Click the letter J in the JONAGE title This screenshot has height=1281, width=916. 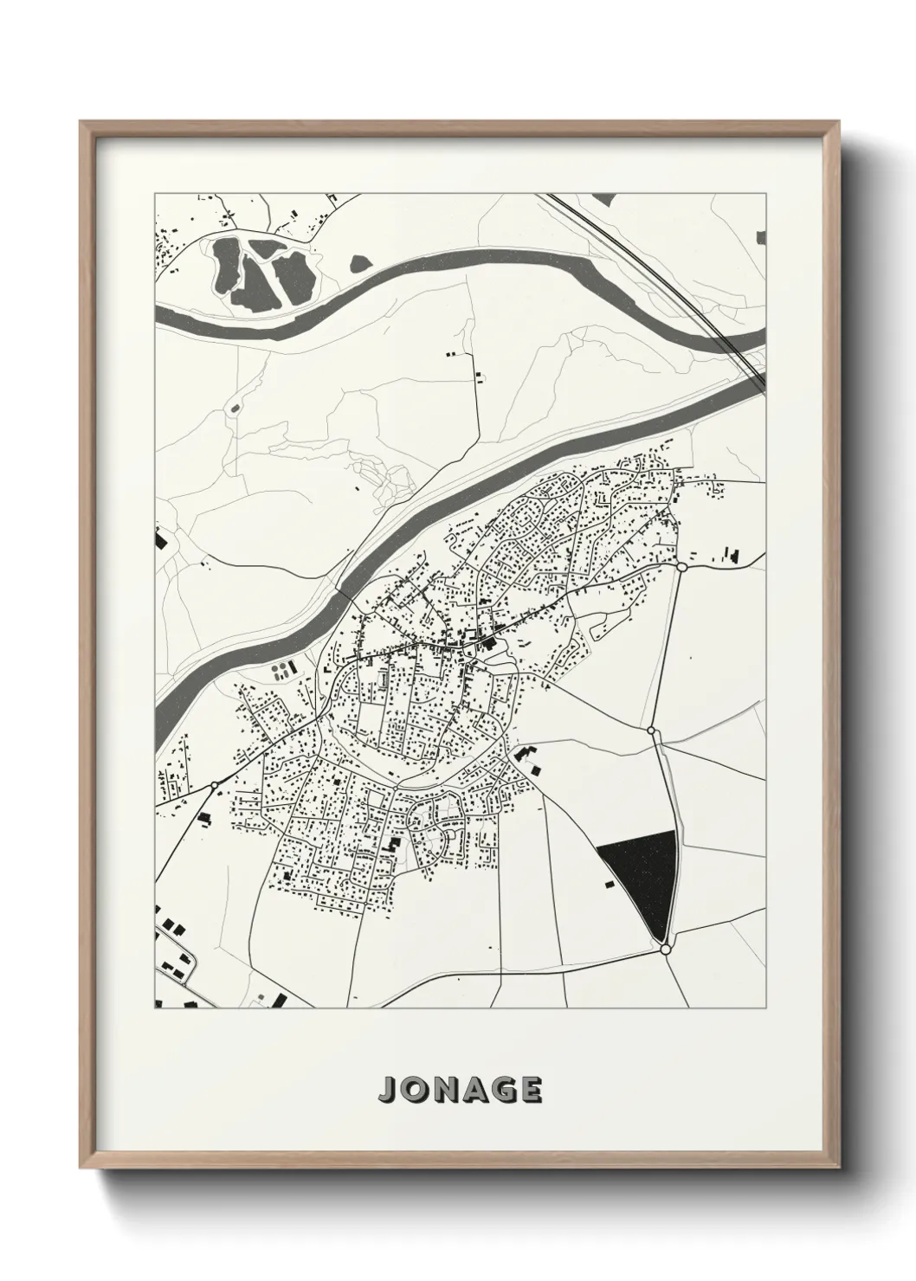(386, 1090)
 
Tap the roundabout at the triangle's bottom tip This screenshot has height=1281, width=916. (665, 949)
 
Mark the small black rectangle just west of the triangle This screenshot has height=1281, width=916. (609, 884)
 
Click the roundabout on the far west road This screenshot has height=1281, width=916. (214, 786)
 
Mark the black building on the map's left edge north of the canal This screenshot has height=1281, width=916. (159, 540)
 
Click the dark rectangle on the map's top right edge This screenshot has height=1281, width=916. (761, 237)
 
